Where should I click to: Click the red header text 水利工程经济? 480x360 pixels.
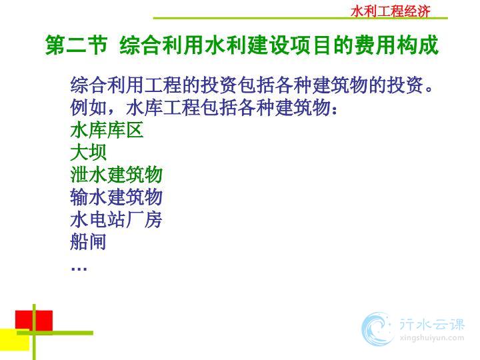pyautogui.click(x=390, y=11)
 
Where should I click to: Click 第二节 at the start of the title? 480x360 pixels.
pyautogui.click(x=76, y=45)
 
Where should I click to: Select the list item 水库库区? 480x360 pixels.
pyautogui.click(x=107, y=130)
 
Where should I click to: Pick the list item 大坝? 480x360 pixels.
pyautogui.click(x=88, y=152)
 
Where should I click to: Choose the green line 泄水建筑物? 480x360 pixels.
pyautogui.click(x=116, y=175)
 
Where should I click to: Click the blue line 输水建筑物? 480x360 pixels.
pyautogui.click(x=116, y=197)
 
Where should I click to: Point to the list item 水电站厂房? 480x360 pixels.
pyautogui.click(x=116, y=219)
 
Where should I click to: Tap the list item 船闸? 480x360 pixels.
pyautogui.click(x=88, y=241)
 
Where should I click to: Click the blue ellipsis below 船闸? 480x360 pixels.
pyautogui.click(x=79, y=269)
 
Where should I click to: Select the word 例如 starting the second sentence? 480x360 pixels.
pyautogui.click(x=88, y=108)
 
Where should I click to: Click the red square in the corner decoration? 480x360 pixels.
pyautogui.click(x=34, y=321)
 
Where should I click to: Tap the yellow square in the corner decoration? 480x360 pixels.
pyautogui.click(x=15, y=340)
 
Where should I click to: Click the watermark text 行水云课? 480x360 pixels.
pyautogui.click(x=432, y=325)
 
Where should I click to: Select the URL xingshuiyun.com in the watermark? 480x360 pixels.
pyautogui.click(x=432, y=338)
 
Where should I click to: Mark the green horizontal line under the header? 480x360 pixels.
pyautogui.click(x=300, y=19)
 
